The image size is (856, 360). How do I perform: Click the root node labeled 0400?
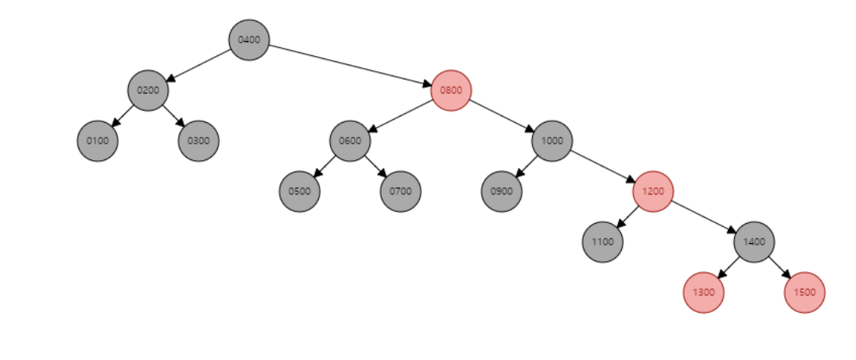point(248,40)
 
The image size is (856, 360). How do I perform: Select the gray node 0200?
point(147,91)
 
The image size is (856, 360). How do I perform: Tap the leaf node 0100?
point(97,141)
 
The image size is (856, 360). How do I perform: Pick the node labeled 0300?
point(198,141)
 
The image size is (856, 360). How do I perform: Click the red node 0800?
point(451,91)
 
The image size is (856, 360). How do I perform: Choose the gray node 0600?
point(350,141)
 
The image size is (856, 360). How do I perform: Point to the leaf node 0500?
point(299,191)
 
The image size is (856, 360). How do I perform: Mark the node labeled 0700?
point(400,191)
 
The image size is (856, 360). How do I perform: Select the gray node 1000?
point(552,141)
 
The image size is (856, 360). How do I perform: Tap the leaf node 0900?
point(501,191)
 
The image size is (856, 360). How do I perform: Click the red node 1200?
point(653,191)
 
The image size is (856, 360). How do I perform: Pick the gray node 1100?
point(602,242)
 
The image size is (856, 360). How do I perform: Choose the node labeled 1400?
point(754,242)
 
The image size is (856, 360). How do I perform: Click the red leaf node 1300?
point(703,292)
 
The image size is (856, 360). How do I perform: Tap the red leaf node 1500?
point(804,292)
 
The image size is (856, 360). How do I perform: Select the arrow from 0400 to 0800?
point(349,65)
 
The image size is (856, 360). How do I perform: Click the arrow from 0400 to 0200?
point(198,65)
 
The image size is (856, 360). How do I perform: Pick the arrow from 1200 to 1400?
point(703,216)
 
